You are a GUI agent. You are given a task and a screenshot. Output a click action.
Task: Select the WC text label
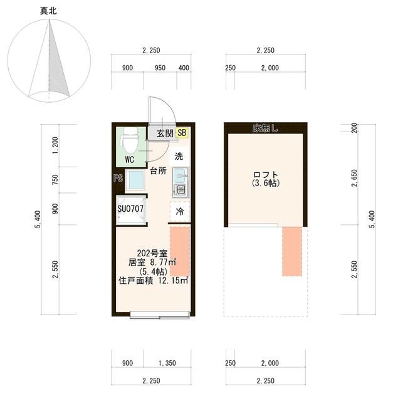coord(130,159)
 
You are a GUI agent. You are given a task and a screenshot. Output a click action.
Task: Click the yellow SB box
coord(182,133)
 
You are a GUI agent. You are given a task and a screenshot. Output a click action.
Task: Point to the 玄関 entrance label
coord(164,133)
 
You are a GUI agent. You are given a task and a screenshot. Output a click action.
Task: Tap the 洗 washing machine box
coord(179,155)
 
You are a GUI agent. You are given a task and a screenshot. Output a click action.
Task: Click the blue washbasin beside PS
coord(135,181)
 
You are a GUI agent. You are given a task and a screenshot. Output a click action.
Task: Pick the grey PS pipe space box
coord(117,178)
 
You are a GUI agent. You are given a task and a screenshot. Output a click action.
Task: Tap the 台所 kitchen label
coord(158,170)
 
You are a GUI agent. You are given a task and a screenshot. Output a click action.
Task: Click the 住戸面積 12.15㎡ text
coord(153,281)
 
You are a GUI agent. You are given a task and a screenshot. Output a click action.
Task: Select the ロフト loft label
coord(265,174)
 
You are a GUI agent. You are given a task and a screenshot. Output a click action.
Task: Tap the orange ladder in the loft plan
coord(291,250)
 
